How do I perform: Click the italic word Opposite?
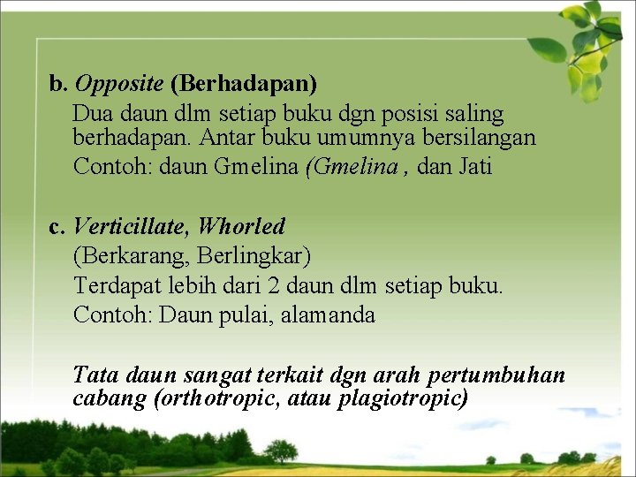(x=119, y=84)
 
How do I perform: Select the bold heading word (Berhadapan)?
(x=244, y=84)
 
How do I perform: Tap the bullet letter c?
(x=57, y=227)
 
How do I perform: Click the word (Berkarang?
(x=132, y=256)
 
